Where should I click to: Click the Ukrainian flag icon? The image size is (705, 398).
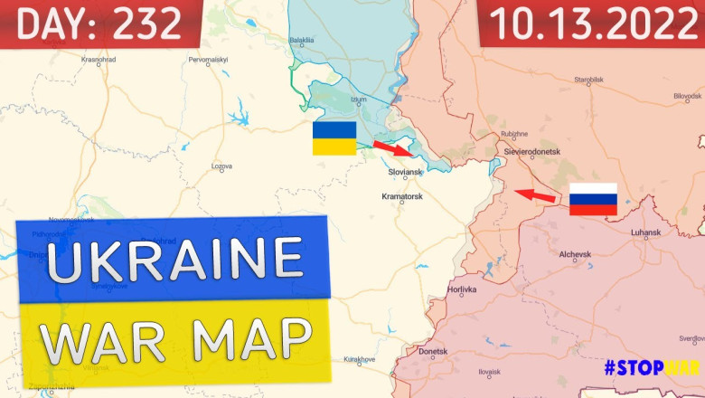(334, 138)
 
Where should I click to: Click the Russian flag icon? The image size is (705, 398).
(593, 199)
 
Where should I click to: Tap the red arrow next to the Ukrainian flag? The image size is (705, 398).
(390, 147)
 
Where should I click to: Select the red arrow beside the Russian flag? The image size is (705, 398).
(536, 194)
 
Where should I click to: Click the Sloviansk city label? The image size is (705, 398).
(405, 172)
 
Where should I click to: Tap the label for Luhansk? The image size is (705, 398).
(645, 233)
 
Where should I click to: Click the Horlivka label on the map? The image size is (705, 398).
(462, 290)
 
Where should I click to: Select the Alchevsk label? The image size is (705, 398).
(575, 255)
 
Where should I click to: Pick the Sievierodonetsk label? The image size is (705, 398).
(533, 151)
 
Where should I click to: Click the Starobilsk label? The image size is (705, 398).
(588, 80)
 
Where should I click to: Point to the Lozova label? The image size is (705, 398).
(221, 166)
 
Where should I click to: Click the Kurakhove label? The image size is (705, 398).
(359, 359)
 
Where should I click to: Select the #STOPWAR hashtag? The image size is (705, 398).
(653, 368)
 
